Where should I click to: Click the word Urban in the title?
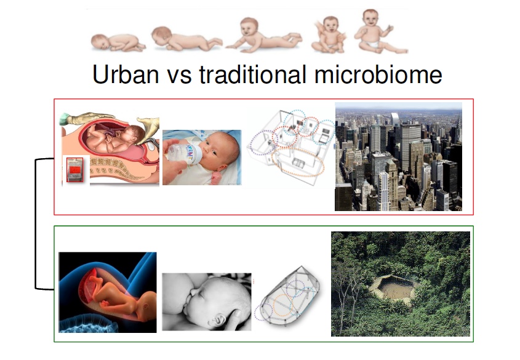[126, 74]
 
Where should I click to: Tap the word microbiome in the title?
[378, 74]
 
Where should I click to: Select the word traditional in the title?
[253, 74]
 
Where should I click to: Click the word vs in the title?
[179, 77]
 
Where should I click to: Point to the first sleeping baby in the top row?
[118, 42]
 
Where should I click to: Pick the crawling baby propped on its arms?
[263, 36]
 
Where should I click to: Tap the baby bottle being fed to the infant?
[183, 153]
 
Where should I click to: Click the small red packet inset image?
[75, 170]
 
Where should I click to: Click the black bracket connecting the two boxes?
[36, 224]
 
